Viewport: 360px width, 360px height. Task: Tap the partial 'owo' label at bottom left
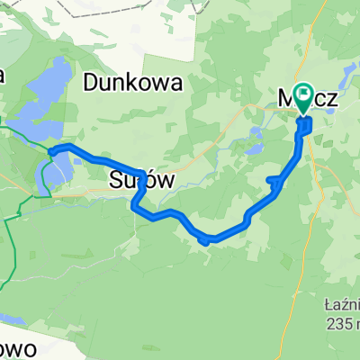[18, 349]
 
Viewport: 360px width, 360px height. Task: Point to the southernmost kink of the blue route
[208, 239]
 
